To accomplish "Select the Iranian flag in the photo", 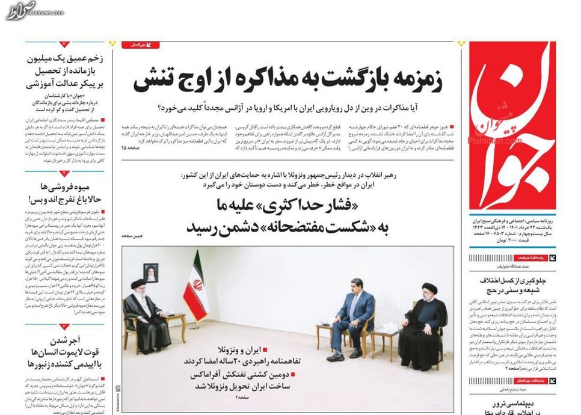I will [196, 287].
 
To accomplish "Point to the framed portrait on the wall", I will [150, 272].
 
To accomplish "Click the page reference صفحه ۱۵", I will [132, 147].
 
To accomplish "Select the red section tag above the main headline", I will [141, 45].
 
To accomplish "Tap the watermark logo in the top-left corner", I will [22, 10].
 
